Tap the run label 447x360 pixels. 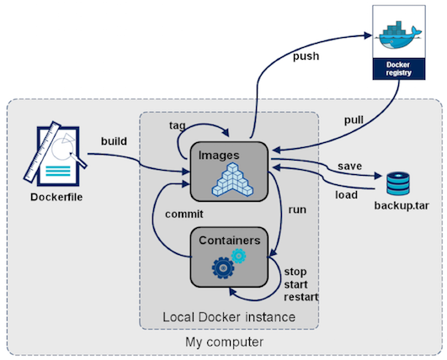point(296,206)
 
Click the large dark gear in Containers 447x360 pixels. point(223,267)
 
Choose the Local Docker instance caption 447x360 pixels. point(229,316)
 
